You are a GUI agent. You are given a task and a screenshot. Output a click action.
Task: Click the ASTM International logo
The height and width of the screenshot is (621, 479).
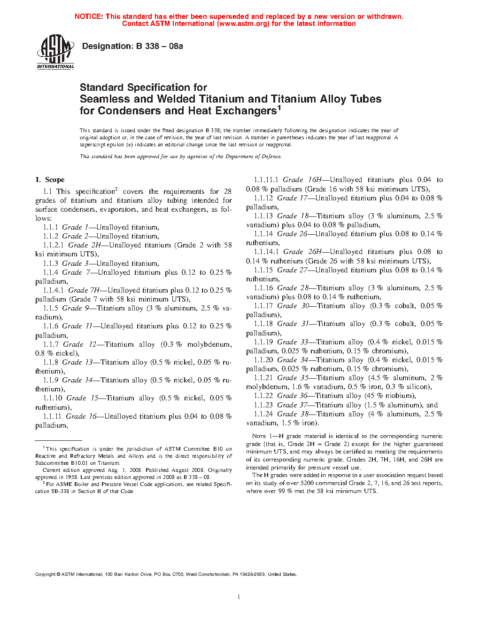[x=55, y=53]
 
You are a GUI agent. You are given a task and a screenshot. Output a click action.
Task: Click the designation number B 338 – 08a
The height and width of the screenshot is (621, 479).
[x=159, y=46]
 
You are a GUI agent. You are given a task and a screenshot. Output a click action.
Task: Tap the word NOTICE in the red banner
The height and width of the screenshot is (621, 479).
[x=89, y=16]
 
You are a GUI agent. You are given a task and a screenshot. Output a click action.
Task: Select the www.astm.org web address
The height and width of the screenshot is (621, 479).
[x=243, y=24]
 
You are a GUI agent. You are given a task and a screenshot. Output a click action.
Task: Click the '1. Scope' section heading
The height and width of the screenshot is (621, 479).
[x=50, y=180]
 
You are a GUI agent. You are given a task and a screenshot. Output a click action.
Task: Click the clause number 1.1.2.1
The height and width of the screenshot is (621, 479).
[x=54, y=245]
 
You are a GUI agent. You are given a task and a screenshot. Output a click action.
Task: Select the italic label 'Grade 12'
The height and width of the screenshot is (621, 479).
[x=79, y=344]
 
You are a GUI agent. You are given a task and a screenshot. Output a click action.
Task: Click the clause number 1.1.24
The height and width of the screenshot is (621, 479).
[x=263, y=414]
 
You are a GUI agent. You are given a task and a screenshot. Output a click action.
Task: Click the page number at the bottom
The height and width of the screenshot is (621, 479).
[x=239, y=597]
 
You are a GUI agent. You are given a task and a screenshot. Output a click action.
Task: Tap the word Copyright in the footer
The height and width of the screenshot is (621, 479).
[x=45, y=574]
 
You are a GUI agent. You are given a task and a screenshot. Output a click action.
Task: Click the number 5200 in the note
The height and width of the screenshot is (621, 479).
[x=308, y=483]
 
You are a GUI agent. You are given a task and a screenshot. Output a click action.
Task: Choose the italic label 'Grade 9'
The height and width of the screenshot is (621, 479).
[x=76, y=308]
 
